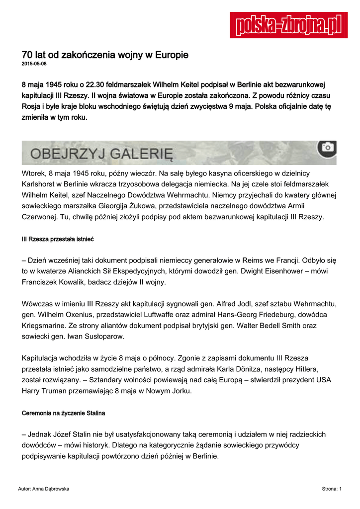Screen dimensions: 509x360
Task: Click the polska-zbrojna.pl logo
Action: (289, 25)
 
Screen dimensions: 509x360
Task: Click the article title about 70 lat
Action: (105, 55)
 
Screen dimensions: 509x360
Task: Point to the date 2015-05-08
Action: (34, 64)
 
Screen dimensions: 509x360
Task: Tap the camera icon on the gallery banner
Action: (327, 147)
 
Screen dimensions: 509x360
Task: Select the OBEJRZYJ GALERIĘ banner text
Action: (101, 153)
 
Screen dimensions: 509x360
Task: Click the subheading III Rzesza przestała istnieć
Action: (58, 240)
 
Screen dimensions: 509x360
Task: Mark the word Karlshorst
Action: (41, 184)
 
